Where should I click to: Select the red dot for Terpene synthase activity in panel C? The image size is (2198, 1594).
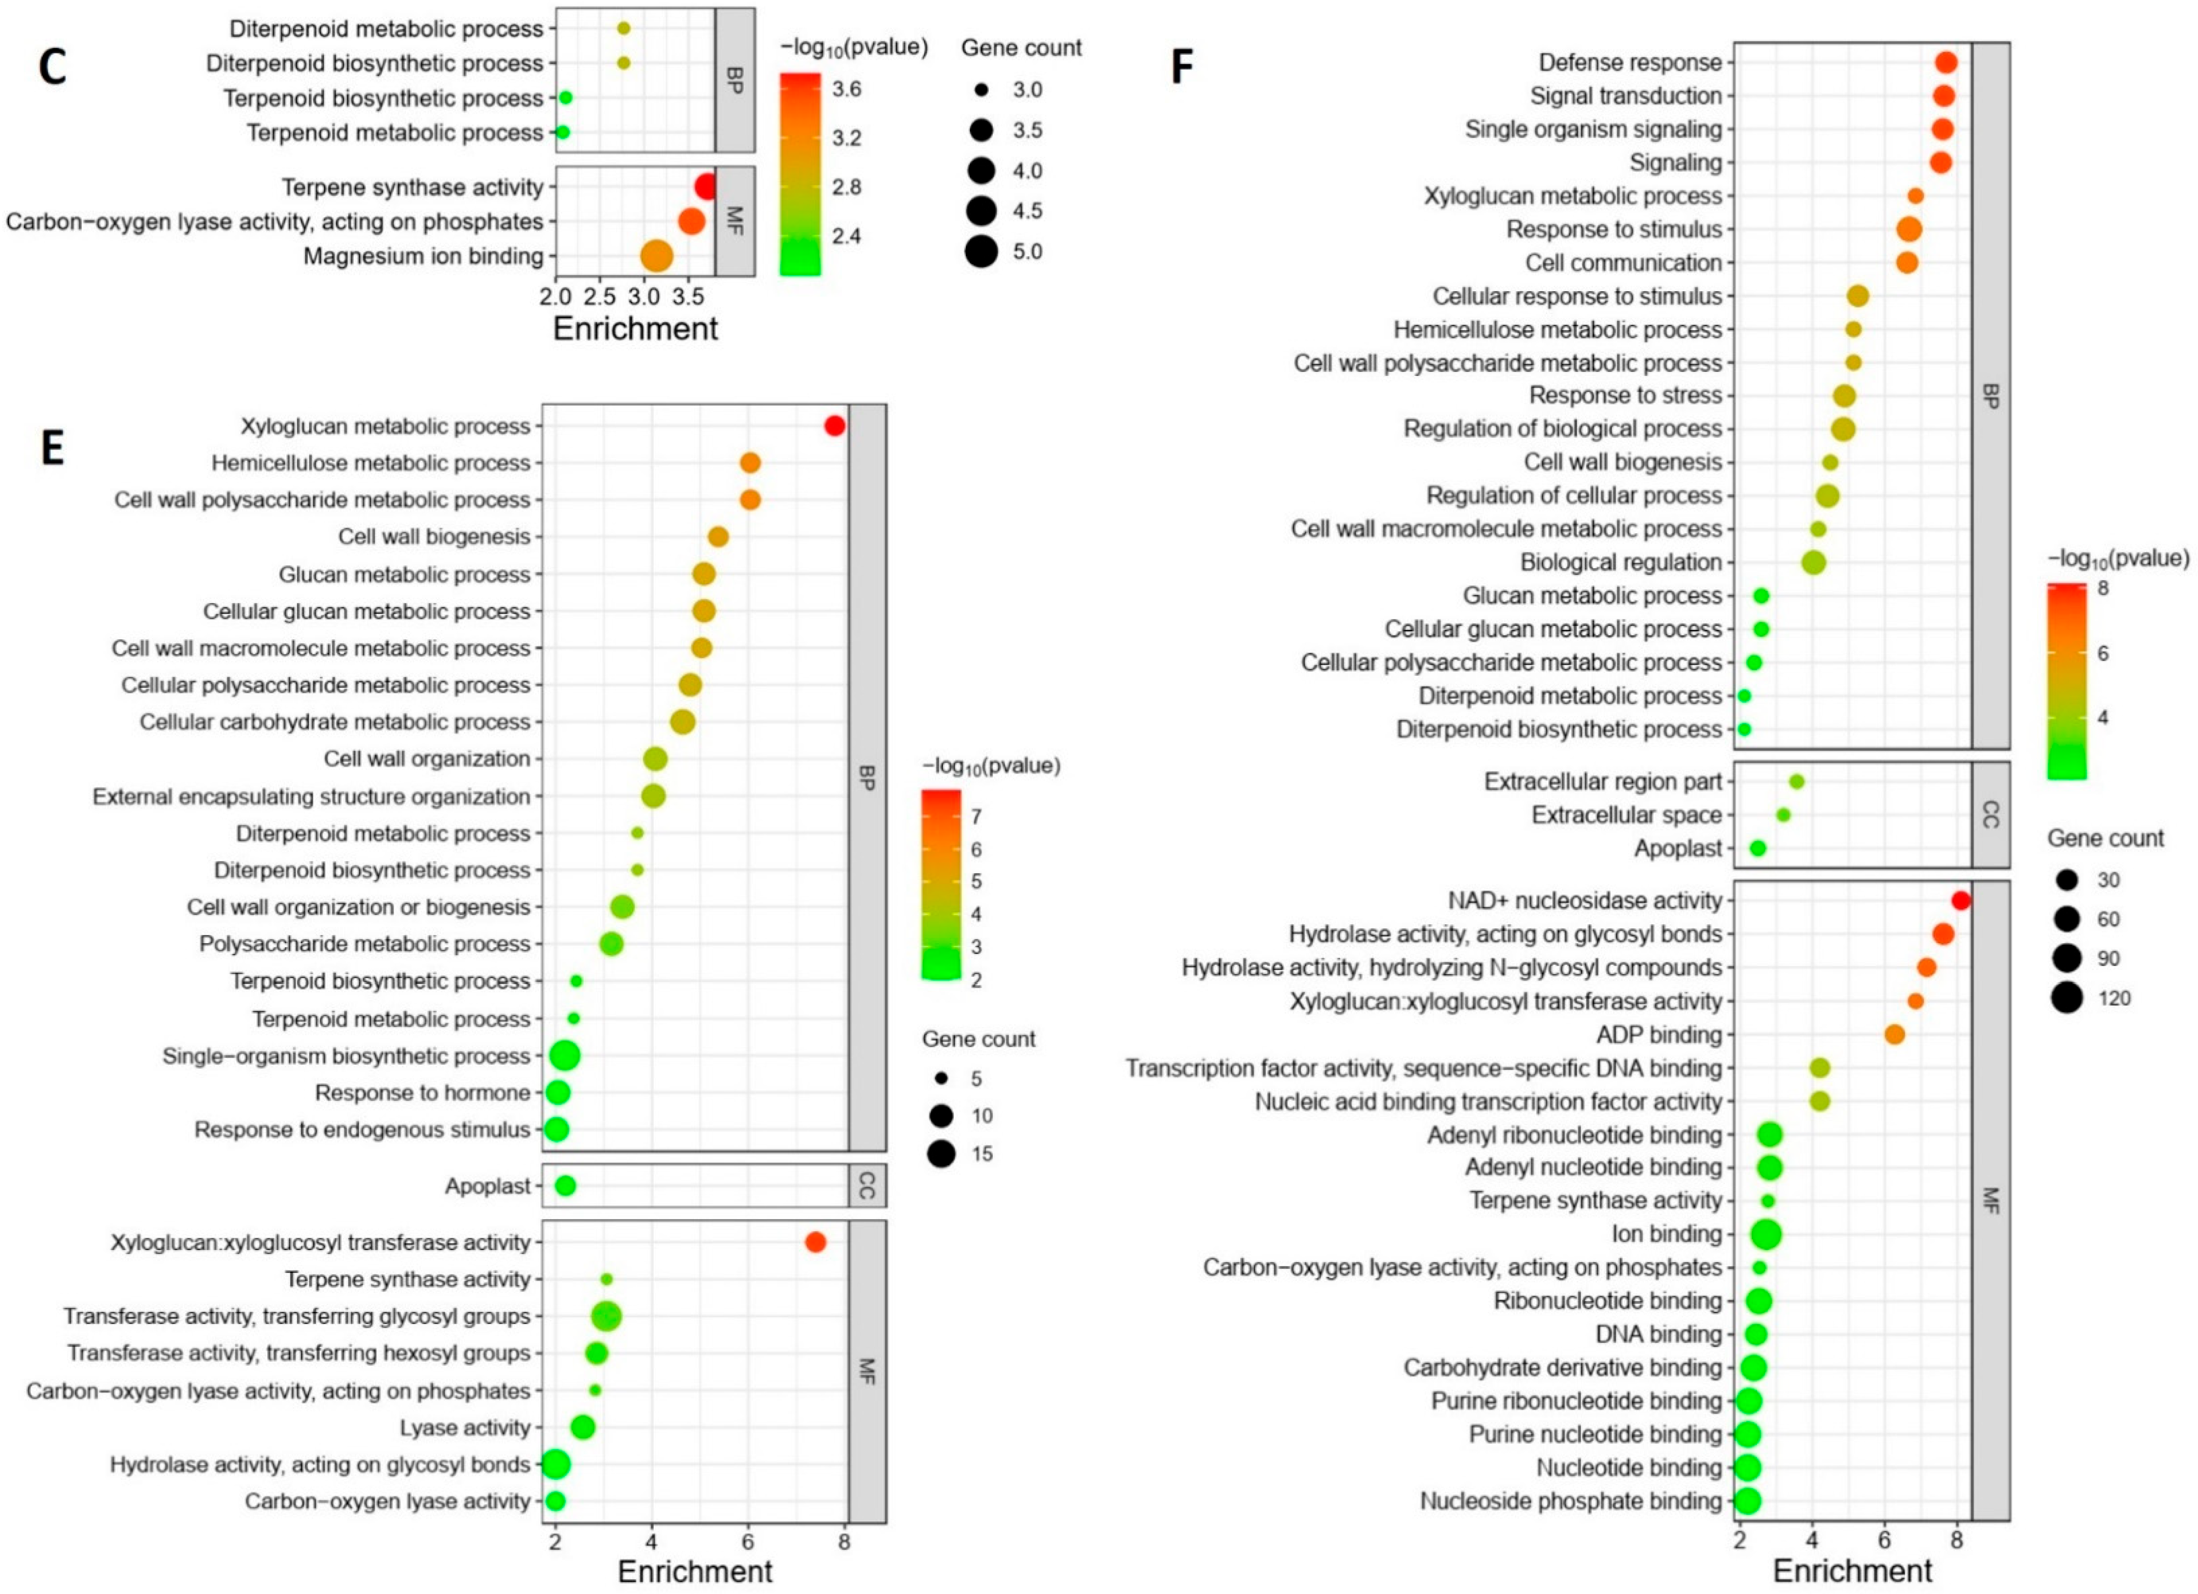pos(705,187)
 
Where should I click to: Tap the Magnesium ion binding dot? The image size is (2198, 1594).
pos(656,257)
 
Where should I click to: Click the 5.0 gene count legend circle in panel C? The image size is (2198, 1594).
pos(981,252)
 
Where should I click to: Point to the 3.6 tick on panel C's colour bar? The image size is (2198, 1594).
pos(846,89)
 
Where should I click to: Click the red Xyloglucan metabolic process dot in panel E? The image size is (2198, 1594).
pos(834,426)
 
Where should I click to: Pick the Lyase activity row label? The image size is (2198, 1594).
pos(465,1427)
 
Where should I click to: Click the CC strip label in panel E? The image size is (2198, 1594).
pos(866,1185)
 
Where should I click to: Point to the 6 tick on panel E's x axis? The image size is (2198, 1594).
pos(747,1541)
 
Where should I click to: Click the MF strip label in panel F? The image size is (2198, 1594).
pos(1989,1201)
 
